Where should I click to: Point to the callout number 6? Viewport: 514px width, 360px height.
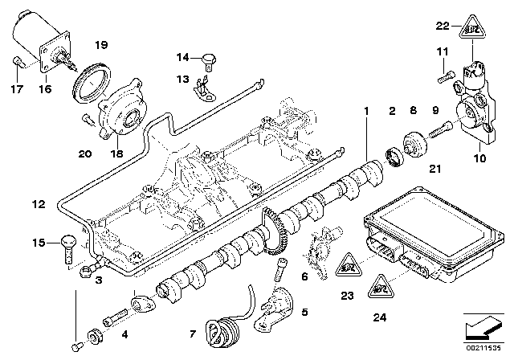point(305,276)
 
